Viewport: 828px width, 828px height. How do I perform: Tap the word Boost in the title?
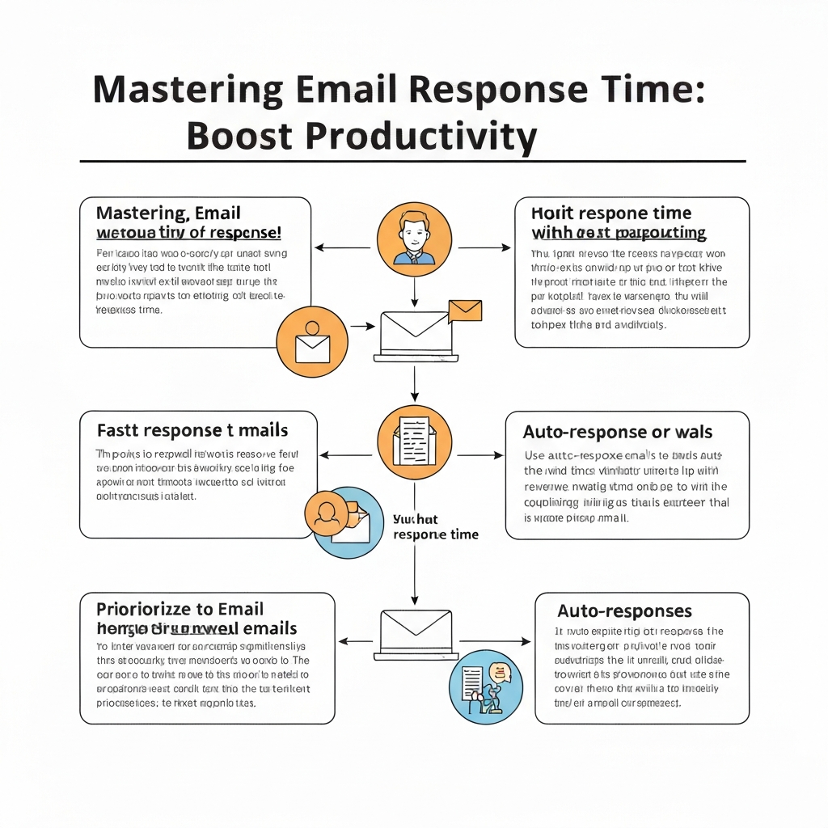[x=240, y=136]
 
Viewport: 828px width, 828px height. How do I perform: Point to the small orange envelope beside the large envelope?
[x=465, y=310]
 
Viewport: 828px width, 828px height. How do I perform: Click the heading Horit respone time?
[x=611, y=213]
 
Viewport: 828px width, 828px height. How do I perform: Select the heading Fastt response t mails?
[x=192, y=429]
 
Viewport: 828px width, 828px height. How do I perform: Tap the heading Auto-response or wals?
[x=618, y=432]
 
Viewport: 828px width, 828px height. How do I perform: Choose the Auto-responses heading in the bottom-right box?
[x=624, y=610]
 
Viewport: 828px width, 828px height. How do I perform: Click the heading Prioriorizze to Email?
[x=180, y=609]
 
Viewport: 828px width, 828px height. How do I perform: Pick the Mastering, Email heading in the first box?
[x=168, y=213]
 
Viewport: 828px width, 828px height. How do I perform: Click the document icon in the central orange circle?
[x=413, y=441]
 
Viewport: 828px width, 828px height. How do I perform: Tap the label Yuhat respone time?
[x=435, y=527]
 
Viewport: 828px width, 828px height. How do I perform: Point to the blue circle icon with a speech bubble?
[x=486, y=686]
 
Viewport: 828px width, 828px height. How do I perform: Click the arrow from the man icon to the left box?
[x=342, y=247]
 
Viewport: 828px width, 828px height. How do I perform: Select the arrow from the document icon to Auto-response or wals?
[x=479, y=455]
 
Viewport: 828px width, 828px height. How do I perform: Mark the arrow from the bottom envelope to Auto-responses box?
[x=496, y=641]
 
